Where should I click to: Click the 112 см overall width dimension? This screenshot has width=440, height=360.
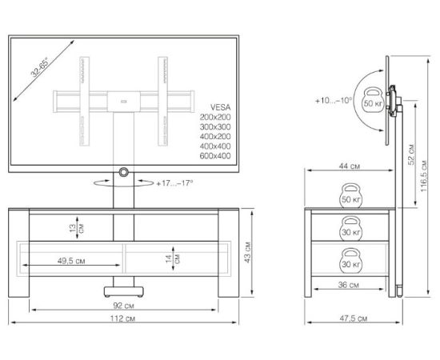pos(122,318)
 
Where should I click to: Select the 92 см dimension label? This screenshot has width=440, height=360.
pos(123,306)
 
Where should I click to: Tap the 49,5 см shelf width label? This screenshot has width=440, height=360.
pos(71,261)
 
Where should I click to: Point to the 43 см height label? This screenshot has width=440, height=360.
pos(247,252)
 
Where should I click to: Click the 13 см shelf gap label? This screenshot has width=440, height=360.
pos(77,229)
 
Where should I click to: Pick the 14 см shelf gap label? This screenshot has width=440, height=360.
pos(173,258)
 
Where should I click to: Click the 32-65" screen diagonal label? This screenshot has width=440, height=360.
pos(39,66)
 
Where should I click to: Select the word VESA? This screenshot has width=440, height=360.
pos(221,107)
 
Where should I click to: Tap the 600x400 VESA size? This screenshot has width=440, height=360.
pos(215,156)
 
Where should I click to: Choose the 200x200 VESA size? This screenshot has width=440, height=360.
pos(215,117)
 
